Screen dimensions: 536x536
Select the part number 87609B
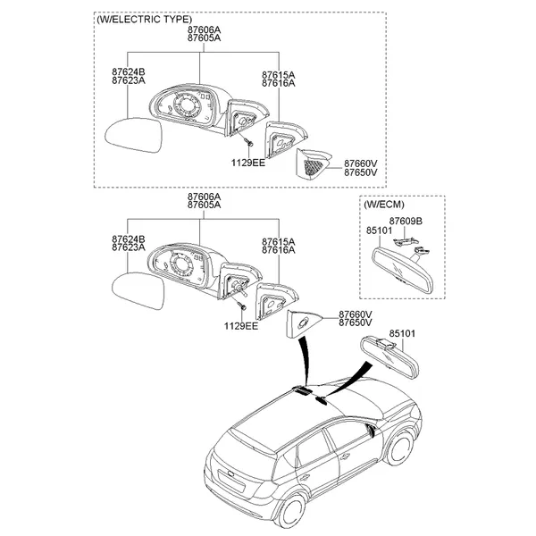tap(406, 221)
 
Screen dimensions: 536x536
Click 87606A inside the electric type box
tap(204, 30)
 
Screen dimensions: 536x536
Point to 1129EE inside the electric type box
tap(247, 162)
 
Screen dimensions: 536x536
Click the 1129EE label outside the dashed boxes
tap(241, 326)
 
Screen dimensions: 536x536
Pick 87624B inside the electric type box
tap(129, 71)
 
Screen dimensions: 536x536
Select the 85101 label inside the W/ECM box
tap(379, 230)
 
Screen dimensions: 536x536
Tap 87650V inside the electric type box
tap(361, 172)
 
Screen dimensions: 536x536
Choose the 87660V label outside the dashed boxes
tap(356, 314)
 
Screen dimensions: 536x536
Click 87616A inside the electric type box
tap(279, 82)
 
